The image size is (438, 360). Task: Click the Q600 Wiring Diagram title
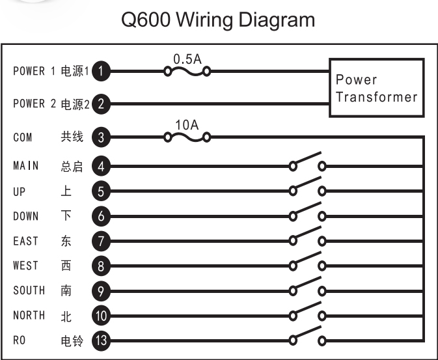[219, 20]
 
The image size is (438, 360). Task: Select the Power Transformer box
[376, 88]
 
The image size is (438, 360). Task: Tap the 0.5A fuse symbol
[187, 71]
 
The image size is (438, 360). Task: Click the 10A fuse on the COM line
[187, 137]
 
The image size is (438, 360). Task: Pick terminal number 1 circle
[100, 71]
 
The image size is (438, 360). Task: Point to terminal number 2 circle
[100, 103]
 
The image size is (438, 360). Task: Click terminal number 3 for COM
[100, 137]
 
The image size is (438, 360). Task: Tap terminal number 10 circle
[100, 316]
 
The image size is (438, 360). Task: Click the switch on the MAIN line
[307, 163]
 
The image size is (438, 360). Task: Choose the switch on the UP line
[307, 189]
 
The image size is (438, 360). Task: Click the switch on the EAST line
[307, 239]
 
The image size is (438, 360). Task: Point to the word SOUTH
[29, 290]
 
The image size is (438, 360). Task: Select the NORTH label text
[29, 315]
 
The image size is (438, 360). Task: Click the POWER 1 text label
[34, 71]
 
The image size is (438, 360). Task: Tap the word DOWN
[26, 216]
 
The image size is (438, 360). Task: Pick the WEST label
[26, 266]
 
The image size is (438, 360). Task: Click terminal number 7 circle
[100, 242]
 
